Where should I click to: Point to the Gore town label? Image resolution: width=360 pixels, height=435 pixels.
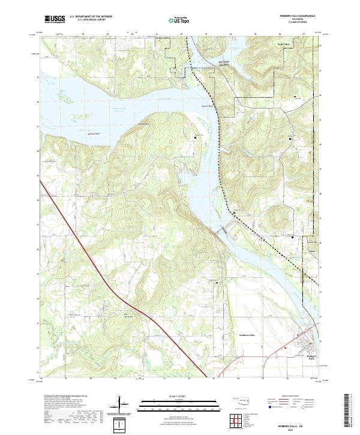(x=312, y=242)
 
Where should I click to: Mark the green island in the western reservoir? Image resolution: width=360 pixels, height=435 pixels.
(x=63, y=94)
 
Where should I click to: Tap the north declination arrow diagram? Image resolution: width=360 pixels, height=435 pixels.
(x=122, y=406)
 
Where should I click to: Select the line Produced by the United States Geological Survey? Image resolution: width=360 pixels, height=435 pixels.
(x=62, y=397)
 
